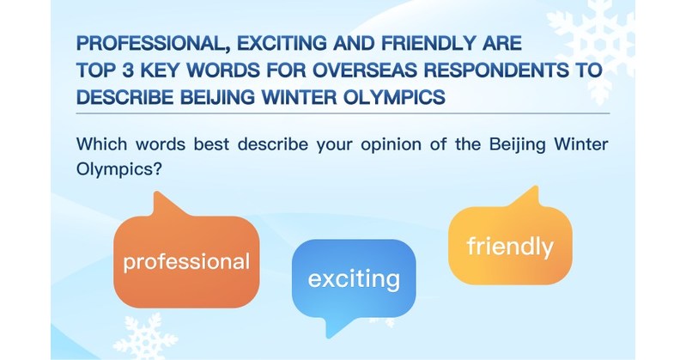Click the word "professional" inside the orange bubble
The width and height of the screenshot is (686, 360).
click(x=186, y=261)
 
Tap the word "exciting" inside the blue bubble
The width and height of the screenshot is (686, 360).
click(x=354, y=278)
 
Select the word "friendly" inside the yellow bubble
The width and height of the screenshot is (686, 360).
click(x=509, y=247)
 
